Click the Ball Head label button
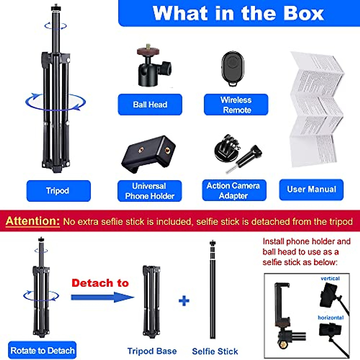point(150,104)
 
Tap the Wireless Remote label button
point(236,104)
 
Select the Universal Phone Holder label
point(149,191)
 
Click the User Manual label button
point(311,189)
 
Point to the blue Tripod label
point(58,191)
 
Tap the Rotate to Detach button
point(42,350)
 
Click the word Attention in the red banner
point(33,221)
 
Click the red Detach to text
point(100,283)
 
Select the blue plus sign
point(184,301)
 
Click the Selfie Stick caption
point(215,351)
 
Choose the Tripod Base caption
point(152,351)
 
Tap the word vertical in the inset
point(330,278)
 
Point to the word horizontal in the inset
point(331,317)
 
